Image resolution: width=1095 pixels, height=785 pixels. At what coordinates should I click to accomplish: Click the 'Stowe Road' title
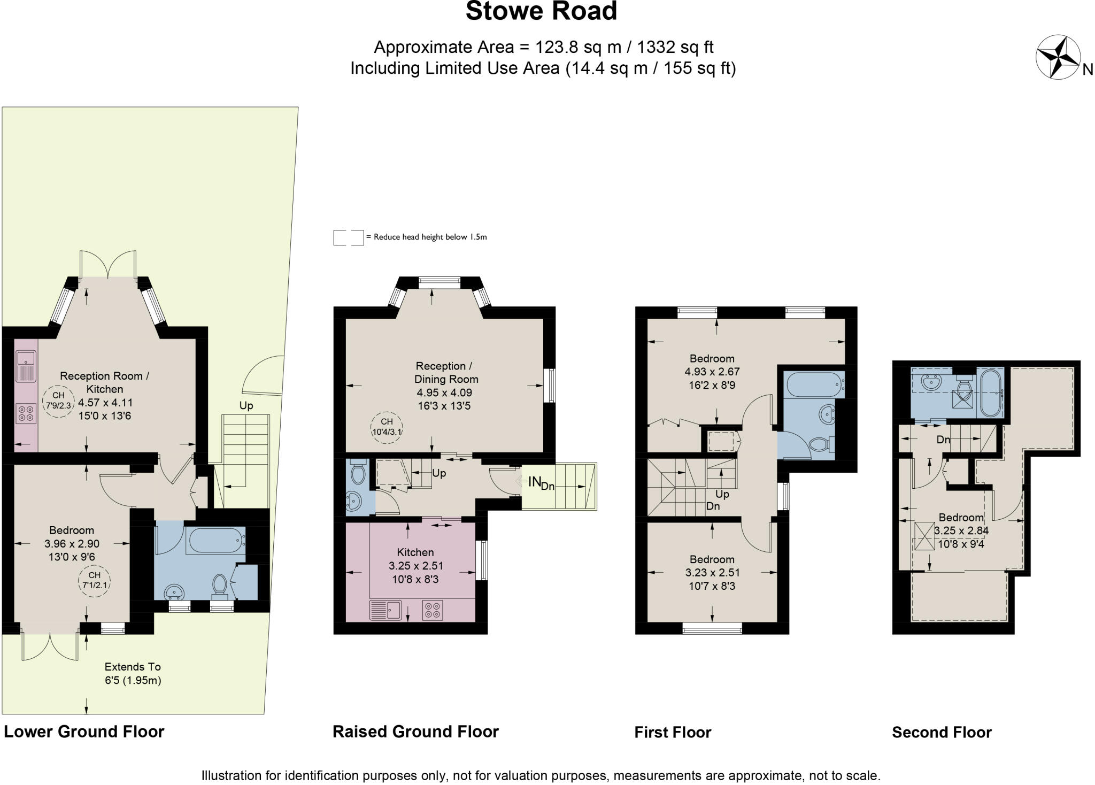click(541, 11)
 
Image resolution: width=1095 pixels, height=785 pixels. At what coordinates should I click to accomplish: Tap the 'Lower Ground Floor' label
click(84, 732)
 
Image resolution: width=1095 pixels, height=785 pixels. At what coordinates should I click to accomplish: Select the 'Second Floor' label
click(942, 732)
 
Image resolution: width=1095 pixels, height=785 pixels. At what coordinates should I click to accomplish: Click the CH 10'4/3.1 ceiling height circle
click(387, 427)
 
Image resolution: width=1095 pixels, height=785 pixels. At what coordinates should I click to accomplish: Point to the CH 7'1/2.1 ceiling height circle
click(94, 581)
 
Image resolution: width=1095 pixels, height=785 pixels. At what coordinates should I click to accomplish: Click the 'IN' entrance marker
click(534, 482)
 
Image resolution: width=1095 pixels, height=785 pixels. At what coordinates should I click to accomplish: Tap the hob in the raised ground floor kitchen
click(433, 610)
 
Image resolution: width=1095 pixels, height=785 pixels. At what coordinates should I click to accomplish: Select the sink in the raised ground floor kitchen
click(385, 610)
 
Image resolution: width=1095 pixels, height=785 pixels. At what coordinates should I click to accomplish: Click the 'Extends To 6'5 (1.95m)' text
click(133, 674)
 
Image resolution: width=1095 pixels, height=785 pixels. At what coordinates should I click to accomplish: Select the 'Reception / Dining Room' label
click(446, 373)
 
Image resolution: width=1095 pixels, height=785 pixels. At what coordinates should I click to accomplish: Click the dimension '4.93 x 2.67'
click(712, 372)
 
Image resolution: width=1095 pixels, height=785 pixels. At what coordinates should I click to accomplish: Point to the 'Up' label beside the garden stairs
click(246, 406)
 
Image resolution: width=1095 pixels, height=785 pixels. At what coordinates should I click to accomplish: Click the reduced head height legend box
click(349, 238)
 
